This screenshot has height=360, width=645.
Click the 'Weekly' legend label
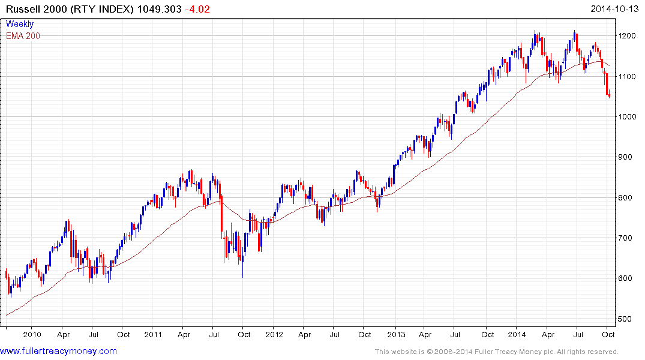click(20, 25)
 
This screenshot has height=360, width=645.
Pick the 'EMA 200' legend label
click(23, 36)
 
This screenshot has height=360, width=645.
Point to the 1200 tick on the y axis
click(628, 36)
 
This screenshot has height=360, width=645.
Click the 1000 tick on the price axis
click(628, 117)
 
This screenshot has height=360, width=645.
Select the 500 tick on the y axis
click(626, 319)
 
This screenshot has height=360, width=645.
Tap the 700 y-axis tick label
click(626, 238)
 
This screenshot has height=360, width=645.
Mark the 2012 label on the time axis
click(274, 334)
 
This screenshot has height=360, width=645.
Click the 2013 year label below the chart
click(396, 334)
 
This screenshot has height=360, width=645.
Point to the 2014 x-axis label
click(517, 334)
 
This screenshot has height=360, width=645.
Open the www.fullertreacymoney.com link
click(58, 351)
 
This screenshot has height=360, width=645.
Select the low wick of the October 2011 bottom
click(242, 273)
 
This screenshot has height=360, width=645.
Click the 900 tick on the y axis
click(626, 157)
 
